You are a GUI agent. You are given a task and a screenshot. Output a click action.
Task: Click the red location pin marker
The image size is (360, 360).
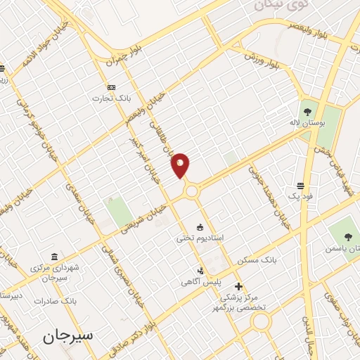coord(181,165)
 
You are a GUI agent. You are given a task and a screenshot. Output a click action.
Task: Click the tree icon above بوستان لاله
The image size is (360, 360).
coord(307,110)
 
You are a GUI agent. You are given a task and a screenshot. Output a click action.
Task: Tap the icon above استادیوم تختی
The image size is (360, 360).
coord(200,227)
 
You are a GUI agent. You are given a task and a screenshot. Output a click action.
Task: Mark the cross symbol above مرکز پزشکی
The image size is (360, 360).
coord(239,286)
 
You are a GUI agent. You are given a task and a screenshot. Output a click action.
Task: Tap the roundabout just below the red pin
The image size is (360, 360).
coord(191,191)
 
